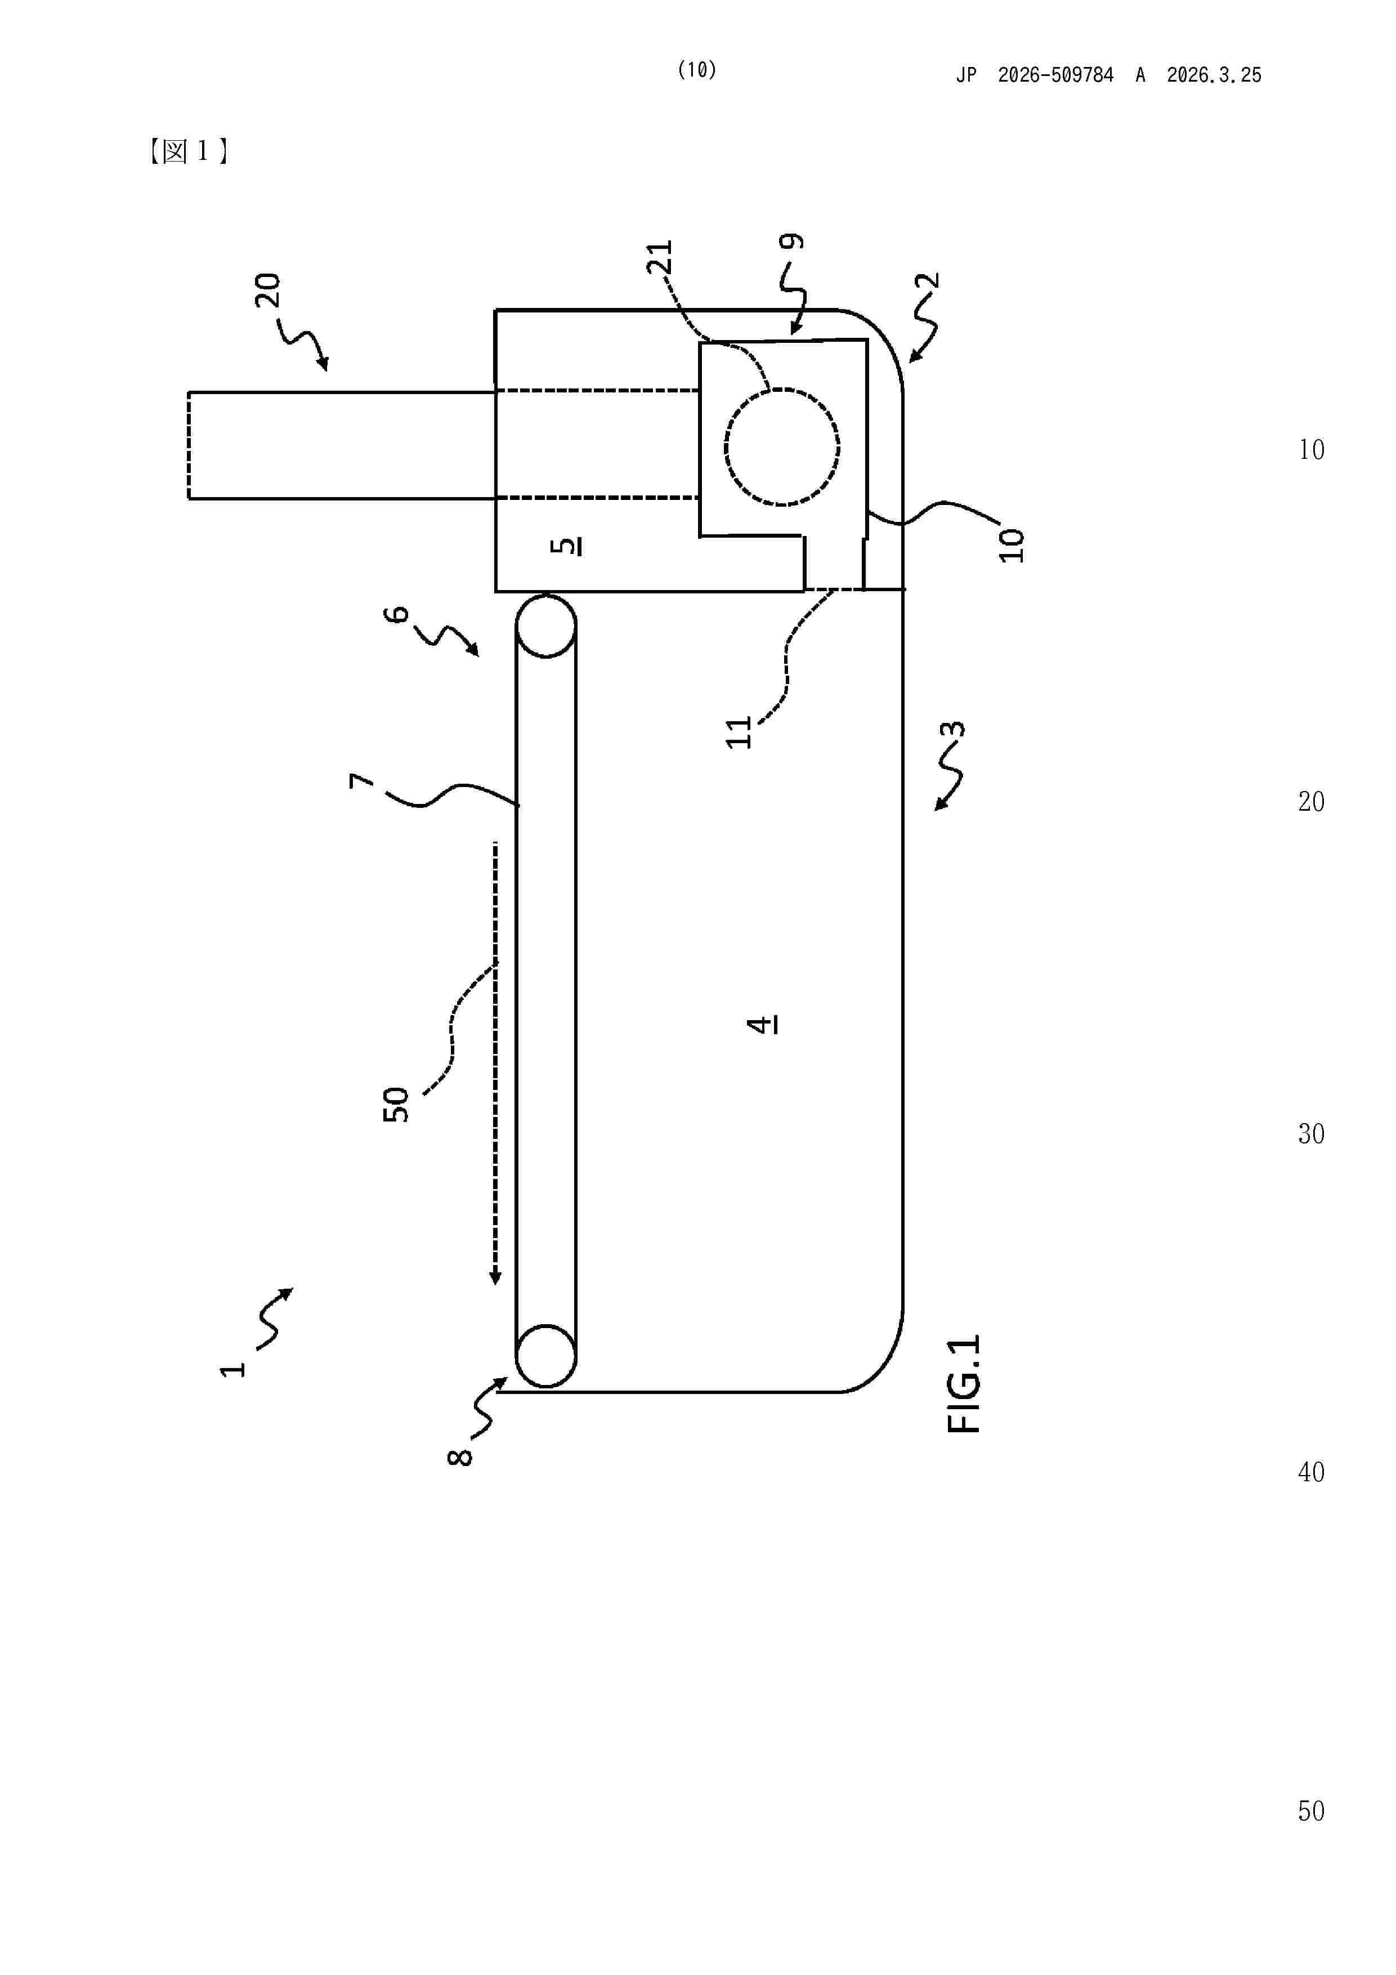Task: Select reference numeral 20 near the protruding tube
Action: pos(267,290)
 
